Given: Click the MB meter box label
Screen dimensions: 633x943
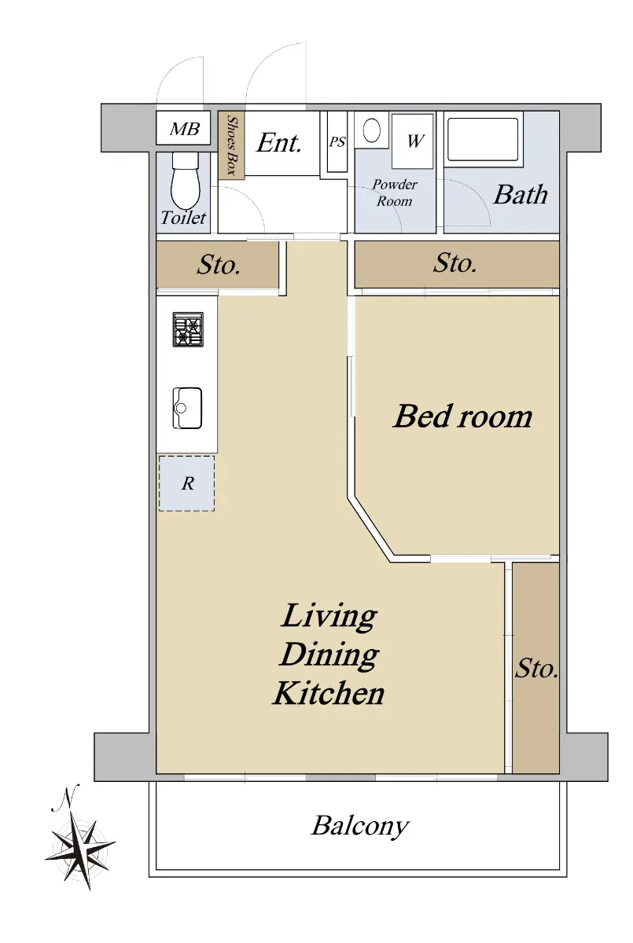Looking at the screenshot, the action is (x=185, y=129).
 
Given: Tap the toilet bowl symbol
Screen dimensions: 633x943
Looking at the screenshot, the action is (x=186, y=180).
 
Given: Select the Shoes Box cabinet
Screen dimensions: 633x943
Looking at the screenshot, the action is (x=231, y=145).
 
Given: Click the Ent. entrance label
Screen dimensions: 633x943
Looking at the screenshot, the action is (x=279, y=142).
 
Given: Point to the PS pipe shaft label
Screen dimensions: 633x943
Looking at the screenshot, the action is (x=337, y=142).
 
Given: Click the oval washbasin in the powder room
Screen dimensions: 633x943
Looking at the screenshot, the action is (x=371, y=130).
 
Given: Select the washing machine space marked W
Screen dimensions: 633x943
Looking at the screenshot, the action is (x=413, y=140).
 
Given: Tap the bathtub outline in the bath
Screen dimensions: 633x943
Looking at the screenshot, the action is (x=483, y=139).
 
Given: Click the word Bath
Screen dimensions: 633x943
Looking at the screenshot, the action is (x=521, y=195).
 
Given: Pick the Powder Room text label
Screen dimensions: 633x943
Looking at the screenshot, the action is (x=395, y=193).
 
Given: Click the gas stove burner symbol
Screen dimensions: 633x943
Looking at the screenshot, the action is (x=188, y=329).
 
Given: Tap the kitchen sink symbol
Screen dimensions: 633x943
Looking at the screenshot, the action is (x=187, y=408).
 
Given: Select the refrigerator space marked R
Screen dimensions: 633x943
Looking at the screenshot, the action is (x=187, y=483).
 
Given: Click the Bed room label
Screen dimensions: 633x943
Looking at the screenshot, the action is (x=462, y=416).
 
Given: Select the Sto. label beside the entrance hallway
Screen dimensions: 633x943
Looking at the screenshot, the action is (x=219, y=266).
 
